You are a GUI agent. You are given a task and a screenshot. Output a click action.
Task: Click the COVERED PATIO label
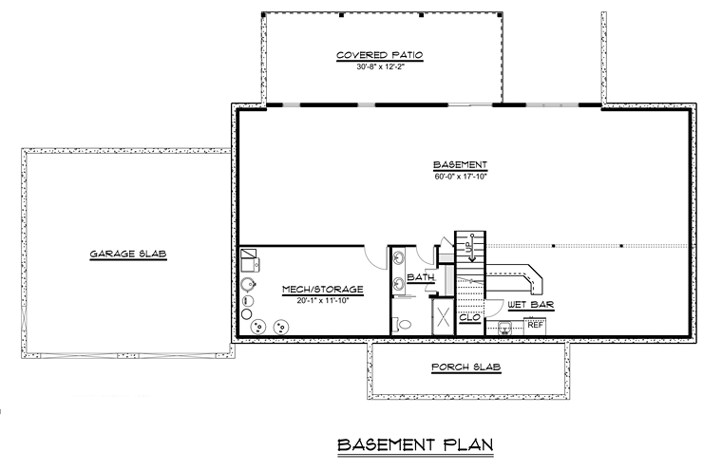click(x=379, y=56)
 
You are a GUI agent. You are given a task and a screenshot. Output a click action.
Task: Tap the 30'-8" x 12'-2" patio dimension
click(x=379, y=67)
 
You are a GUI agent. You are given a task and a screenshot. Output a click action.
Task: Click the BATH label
click(x=419, y=277)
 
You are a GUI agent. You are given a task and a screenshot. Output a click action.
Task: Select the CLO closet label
click(x=468, y=317)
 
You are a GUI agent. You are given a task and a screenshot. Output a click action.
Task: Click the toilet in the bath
click(x=405, y=324)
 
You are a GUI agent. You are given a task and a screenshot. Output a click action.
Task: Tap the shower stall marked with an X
click(x=443, y=318)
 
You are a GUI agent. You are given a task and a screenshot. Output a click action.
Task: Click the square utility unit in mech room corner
click(x=251, y=259)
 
